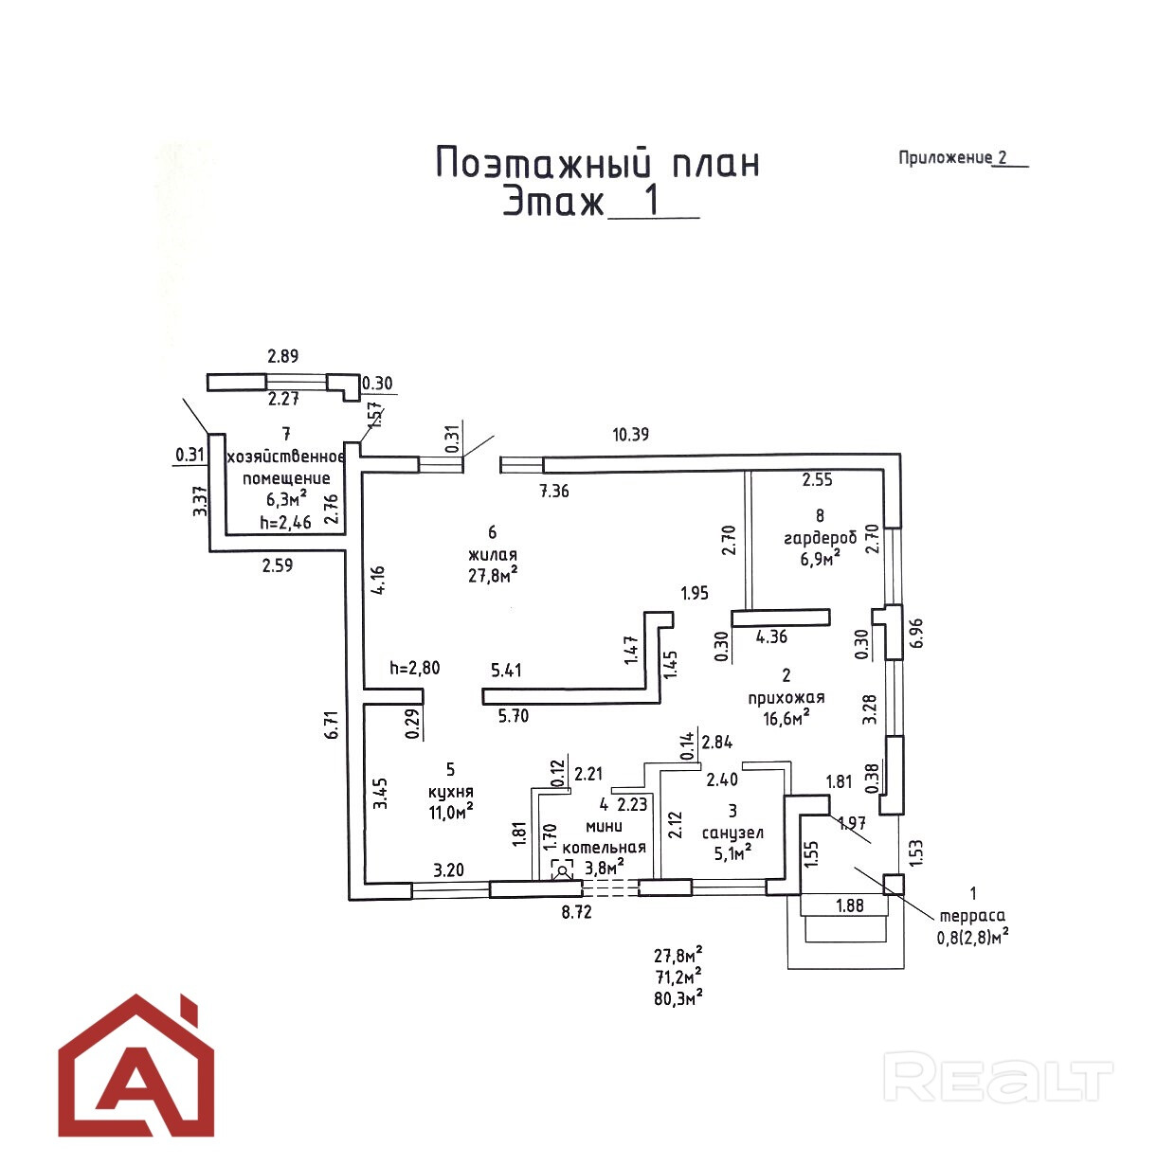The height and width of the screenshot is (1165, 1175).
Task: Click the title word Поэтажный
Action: tap(543, 163)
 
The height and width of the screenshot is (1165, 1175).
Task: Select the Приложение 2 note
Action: tap(963, 157)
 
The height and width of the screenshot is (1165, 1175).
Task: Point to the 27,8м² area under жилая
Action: tap(493, 574)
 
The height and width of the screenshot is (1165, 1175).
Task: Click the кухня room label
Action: tap(451, 791)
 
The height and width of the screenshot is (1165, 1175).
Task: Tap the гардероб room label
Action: tap(820, 537)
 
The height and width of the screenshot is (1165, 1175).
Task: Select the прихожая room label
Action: tap(786, 697)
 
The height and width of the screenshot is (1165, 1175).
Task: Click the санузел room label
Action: tap(732, 833)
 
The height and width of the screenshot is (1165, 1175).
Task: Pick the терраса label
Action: tap(972, 916)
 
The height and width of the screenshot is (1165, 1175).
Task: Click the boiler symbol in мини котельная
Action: tap(562, 869)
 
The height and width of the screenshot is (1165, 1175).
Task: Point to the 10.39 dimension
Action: tap(630, 435)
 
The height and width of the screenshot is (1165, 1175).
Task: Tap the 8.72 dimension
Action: tap(576, 913)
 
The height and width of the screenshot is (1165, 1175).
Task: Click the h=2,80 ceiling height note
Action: tap(415, 668)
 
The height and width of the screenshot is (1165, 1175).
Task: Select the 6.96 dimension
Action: tap(916, 634)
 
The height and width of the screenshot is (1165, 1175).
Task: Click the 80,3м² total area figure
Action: tap(678, 998)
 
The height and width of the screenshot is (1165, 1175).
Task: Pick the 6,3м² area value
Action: tap(286, 499)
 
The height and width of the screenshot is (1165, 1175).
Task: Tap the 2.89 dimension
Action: tap(283, 355)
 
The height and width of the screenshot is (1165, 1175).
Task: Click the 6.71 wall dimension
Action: tap(331, 725)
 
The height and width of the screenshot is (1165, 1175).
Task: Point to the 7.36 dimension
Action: tap(554, 491)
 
